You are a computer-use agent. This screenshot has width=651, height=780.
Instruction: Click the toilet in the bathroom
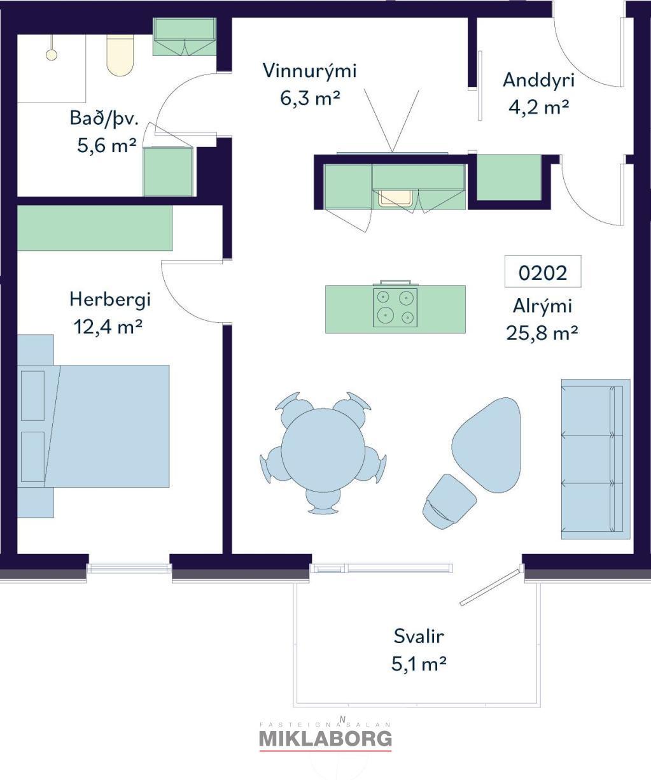click(x=120, y=55)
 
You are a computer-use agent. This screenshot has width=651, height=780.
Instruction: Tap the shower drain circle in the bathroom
click(x=52, y=55)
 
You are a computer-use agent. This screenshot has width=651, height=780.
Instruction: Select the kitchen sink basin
click(x=395, y=198)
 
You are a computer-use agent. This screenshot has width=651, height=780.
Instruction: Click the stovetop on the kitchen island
click(x=395, y=308)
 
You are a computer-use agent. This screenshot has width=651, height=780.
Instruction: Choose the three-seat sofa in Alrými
click(x=596, y=459)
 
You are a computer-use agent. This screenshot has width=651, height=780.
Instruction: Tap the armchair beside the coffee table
click(x=449, y=502)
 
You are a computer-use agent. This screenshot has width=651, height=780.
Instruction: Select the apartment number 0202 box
click(x=543, y=272)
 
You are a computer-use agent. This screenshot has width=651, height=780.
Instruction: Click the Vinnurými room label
click(x=310, y=71)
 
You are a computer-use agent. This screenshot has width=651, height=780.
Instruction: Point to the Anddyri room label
click(x=538, y=80)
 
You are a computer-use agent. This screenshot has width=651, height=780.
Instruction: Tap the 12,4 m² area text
click(x=108, y=327)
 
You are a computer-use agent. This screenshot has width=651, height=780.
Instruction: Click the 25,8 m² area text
click(x=542, y=332)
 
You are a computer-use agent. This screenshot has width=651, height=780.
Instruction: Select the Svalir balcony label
click(x=419, y=636)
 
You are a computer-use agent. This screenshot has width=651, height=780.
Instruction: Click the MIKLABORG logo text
click(x=326, y=739)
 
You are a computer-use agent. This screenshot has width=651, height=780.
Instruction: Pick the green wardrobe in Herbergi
click(x=95, y=228)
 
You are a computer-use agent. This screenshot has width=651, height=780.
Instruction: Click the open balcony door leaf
click(x=490, y=586)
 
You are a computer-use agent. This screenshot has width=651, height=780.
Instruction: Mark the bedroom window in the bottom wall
click(x=129, y=568)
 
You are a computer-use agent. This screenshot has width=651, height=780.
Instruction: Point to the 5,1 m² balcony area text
click(x=419, y=664)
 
